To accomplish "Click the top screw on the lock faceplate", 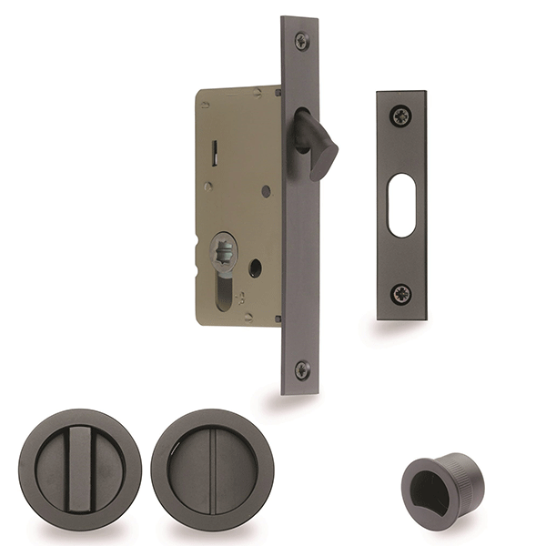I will [x=301, y=40].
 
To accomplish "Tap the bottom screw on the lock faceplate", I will [x=301, y=369].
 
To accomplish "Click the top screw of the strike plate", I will [x=401, y=116].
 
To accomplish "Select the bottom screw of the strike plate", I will [x=401, y=293].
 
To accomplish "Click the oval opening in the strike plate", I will [x=401, y=205].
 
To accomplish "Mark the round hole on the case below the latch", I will [x=266, y=192].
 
